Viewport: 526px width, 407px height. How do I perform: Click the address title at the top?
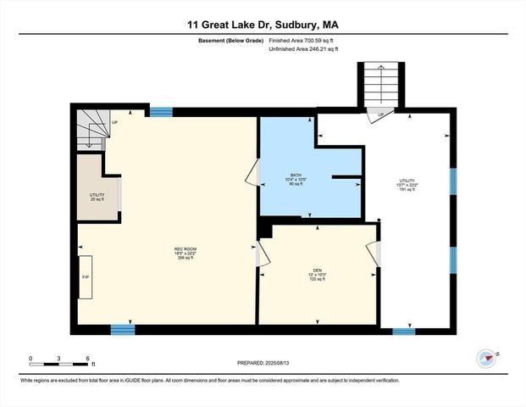click(263, 25)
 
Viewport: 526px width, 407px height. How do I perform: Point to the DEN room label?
click(315, 274)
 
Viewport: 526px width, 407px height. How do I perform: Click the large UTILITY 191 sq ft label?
click(407, 185)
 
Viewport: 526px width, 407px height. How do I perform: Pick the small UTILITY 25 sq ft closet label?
click(97, 197)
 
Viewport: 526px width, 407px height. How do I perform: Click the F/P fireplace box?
click(86, 276)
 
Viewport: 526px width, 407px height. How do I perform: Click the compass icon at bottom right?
click(485, 357)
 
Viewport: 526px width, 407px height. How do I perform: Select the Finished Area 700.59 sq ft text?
click(302, 42)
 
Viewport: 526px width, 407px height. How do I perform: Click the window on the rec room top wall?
click(161, 111)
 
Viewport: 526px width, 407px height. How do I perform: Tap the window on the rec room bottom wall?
click(123, 329)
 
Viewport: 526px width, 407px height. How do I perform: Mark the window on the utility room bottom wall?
click(404, 332)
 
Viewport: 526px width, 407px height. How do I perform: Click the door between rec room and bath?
click(252, 176)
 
